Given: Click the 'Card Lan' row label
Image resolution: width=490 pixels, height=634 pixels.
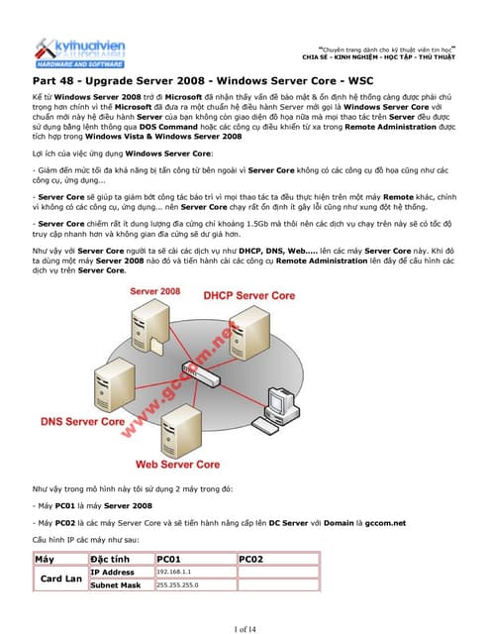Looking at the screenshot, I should point(59,579).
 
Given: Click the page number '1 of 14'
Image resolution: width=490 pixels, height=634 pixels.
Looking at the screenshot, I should point(245,627).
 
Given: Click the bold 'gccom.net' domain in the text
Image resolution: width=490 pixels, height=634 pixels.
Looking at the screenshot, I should point(386,523).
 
